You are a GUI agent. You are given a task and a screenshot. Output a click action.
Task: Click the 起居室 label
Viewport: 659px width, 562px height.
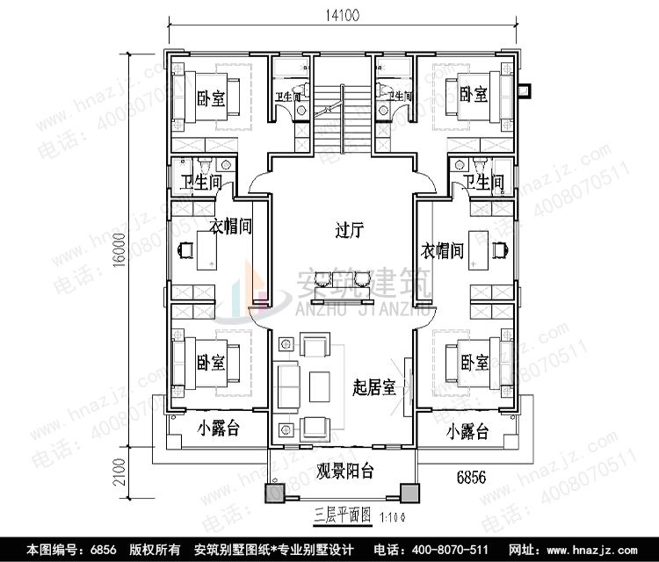click(373, 385)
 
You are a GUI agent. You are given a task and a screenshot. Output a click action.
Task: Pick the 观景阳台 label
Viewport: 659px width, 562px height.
click(344, 472)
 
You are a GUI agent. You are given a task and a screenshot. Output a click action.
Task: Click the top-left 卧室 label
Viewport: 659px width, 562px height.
click(212, 99)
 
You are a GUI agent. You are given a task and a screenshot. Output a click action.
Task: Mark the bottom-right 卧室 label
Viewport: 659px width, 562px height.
click(474, 361)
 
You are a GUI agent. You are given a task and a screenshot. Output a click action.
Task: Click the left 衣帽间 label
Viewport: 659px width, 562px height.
click(232, 227)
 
